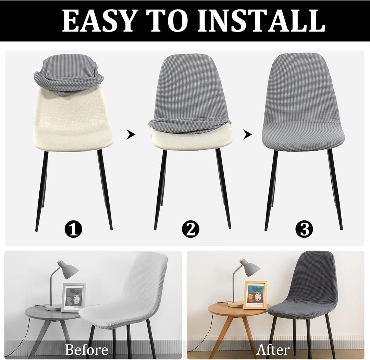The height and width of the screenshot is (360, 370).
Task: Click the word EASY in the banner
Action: click(x=99, y=21)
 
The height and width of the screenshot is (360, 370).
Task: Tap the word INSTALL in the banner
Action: click(x=261, y=21)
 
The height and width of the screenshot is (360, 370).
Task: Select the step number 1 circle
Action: click(x=73, y=228)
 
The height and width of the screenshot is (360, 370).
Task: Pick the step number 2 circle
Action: click(x=191, y=228)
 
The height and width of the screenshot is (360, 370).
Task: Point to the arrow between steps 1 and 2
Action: click(x=131, y=134)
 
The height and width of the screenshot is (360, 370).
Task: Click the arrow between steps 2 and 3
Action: click(x=247, y=134)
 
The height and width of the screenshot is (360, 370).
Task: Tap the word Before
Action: click(x=87, y=349)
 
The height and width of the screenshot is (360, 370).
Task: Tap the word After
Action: click(x=273, y=349)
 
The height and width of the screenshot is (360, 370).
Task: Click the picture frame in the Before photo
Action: click(x=74, y=298)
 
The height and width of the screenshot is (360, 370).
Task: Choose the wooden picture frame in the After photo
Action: click(x=255, y=295)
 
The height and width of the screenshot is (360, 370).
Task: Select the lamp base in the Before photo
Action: click(x=53, y=308)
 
